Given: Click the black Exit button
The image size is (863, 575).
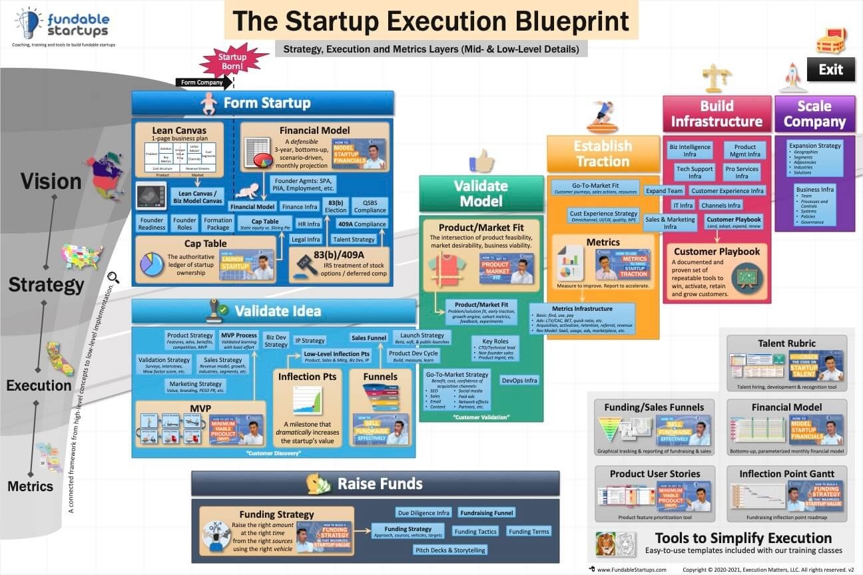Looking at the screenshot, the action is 830,69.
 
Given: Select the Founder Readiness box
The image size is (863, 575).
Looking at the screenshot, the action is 152,224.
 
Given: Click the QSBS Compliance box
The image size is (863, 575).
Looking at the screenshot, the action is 370,206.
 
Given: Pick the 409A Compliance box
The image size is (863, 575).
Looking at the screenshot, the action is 362,224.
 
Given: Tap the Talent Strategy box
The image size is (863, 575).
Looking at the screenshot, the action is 354,240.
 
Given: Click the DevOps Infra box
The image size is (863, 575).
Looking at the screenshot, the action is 519,381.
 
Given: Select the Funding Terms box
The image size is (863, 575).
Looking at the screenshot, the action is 529,531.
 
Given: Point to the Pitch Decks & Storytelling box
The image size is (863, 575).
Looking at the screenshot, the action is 451,550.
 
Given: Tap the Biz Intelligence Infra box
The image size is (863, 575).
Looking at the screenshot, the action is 690,151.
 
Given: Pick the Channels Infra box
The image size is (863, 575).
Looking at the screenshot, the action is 721,206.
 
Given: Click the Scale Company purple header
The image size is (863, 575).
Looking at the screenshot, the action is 814,114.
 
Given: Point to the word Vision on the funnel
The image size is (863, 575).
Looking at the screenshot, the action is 51,181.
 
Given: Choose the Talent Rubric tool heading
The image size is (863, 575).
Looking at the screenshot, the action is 786,343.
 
